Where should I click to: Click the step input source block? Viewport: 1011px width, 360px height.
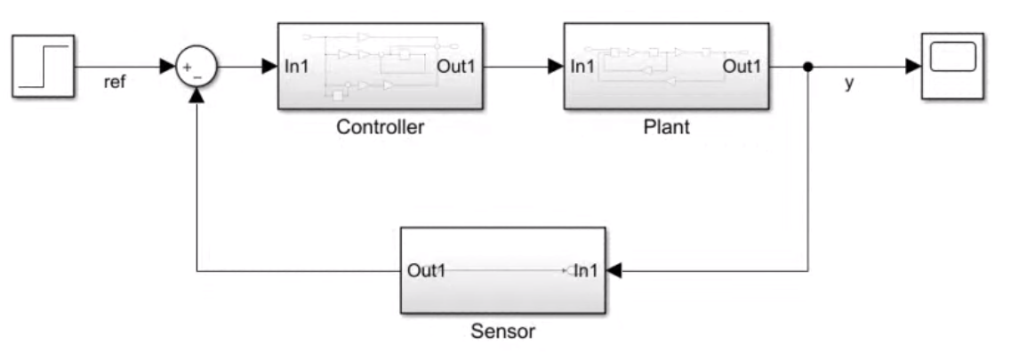tap(43, 66)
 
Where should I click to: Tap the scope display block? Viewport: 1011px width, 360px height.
tap(952, 66)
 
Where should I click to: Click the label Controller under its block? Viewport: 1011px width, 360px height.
tap(380, 127)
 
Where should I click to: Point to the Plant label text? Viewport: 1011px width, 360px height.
tap(666, 127)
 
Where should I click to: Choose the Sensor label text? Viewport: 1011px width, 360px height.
tap(502, 332)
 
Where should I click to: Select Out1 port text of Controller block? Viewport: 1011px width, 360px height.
tap(456, 67)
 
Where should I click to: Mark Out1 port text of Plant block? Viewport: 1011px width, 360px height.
tap(742, 67)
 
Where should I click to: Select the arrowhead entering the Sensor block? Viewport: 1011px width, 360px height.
tap(614, 270)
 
